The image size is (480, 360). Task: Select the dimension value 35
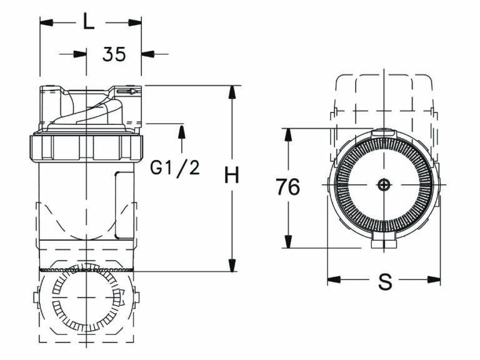[114, 54]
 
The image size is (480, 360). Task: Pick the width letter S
[386, 282]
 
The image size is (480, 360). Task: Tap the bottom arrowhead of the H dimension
[232, 266]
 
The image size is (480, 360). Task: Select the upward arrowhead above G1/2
[181, 131]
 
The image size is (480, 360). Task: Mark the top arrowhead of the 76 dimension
[287, 134]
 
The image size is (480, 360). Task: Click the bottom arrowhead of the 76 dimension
[287, 241]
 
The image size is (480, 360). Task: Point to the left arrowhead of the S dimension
[334, 279]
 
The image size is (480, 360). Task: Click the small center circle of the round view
[384, 185]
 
